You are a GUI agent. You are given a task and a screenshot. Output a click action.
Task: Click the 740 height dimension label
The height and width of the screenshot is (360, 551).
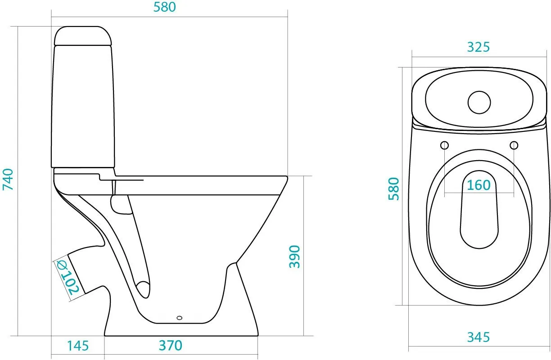(x=8, y=180)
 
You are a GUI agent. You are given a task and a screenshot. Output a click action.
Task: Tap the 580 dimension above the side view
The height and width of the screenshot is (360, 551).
(x=165, y=7)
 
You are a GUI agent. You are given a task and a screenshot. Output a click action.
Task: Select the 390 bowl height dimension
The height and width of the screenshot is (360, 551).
(x=294, y=256)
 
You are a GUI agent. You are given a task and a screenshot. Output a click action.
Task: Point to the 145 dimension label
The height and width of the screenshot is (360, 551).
(x=78, y=346)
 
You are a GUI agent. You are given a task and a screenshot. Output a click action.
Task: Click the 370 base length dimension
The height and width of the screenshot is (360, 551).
(x=171, y=346)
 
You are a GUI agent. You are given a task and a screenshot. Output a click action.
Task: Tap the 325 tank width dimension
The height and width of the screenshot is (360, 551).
(x=479, y=47)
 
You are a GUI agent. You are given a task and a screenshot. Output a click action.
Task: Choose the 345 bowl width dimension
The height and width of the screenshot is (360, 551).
(x=479, y=337)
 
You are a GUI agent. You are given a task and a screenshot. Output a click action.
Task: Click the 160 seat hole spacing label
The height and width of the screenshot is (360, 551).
(x=479, y=185)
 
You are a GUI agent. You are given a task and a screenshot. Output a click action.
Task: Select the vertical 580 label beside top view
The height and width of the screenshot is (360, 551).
(x=393, y=189)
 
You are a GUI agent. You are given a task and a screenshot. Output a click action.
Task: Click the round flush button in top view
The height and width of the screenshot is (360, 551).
(x=479, y=102)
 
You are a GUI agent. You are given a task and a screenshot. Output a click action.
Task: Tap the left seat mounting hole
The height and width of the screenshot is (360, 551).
(x=444, y=145)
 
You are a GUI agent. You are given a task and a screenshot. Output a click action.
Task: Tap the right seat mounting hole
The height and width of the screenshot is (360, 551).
(x=514, y=145)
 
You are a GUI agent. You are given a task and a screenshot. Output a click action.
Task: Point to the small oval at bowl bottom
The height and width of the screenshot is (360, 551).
(x=180, y=318)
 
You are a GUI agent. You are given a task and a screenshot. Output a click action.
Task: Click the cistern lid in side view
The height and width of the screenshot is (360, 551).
(x=83, y=36)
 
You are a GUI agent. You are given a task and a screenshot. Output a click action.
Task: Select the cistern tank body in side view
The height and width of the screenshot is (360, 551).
(x=83, y=107)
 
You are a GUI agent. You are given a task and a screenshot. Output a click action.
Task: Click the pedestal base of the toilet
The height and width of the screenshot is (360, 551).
(x=181, y=329)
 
